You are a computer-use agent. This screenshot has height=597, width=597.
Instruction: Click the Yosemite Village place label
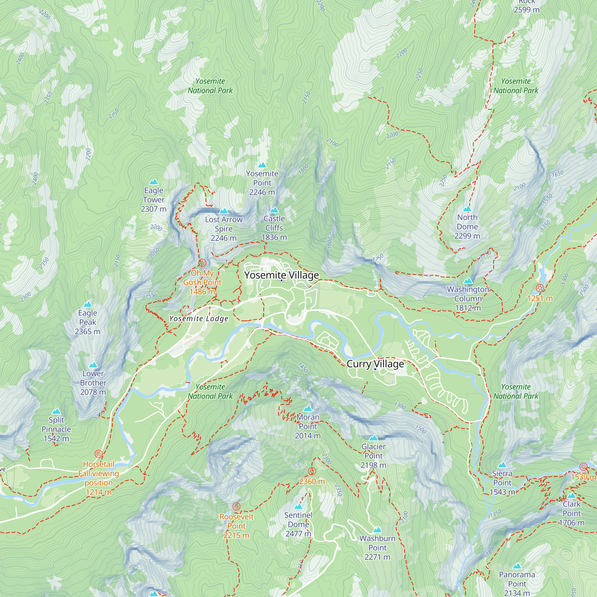(281, 275)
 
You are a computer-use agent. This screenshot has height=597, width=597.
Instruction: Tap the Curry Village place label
(375, 364)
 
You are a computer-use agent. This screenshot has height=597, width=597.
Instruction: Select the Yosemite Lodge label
(199, 318)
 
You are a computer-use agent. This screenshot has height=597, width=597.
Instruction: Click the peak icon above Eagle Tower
(153, 182)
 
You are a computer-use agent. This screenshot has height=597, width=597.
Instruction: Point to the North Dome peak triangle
(467, 209)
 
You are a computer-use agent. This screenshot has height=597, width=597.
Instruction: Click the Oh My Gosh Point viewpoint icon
(202, 263)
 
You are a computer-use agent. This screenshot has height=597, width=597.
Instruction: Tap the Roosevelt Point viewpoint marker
(236, 506)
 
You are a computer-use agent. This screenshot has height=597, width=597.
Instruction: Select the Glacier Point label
(373, 451)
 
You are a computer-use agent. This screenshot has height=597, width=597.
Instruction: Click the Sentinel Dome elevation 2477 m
(298, 534)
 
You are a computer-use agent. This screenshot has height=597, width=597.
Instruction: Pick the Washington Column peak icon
(468, 281)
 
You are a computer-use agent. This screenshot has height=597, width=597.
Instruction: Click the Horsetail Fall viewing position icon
(98, 454)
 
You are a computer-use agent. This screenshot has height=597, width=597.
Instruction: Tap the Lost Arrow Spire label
(223, 224)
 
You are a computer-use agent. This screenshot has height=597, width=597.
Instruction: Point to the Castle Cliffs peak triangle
(274, 210)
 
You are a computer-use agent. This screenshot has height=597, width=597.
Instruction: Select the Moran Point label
(307, 421)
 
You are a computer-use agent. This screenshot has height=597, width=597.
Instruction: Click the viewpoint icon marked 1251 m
(539, 288)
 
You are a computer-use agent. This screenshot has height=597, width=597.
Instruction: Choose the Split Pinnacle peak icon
(56, 411)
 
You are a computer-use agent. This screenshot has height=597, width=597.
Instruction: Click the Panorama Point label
(517, 579)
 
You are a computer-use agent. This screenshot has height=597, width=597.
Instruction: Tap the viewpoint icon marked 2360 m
(312, 471)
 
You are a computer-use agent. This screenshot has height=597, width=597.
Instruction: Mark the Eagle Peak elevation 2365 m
(87, 331)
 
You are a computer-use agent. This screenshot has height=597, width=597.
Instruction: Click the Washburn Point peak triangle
(377, 530)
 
